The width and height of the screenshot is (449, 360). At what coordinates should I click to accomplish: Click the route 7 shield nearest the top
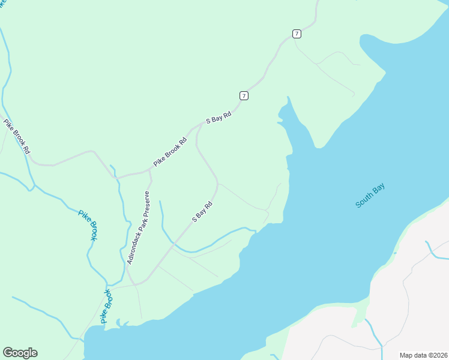(x=297, y=34)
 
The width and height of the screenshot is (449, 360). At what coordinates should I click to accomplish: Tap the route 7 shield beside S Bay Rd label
(x=243, y=95)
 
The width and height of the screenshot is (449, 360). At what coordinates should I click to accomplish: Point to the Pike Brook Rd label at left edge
(x=16, y=137)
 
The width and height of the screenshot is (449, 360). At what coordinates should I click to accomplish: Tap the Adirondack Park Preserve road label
(x=137, y=228)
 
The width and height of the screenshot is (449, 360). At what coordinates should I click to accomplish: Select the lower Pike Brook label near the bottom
(x=107, y=307)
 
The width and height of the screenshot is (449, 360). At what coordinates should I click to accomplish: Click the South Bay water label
(x=370, y=196)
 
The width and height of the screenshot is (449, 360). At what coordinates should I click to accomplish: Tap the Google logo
(x=20, y=353)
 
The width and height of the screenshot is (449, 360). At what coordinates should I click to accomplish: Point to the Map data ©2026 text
(x=423, y=355)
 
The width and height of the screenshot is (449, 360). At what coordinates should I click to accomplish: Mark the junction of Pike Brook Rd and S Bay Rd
(x=200, y=125)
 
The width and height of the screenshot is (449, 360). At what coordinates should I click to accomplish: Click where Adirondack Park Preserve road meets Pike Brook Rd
(x=149, y=172)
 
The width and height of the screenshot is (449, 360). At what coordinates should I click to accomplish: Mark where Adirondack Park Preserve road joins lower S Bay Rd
(x=136, y=283)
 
